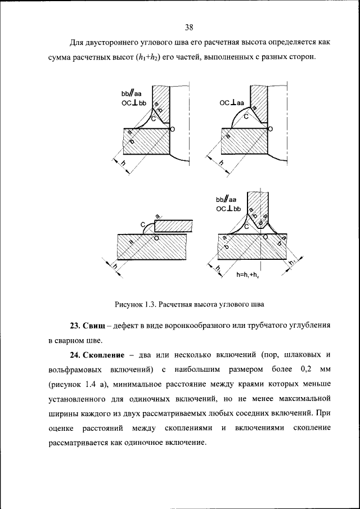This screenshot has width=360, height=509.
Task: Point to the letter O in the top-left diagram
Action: coord(172,129)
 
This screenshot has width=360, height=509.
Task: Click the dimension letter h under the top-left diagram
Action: coord(123,164)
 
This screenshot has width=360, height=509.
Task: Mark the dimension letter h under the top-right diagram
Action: coord(221,163)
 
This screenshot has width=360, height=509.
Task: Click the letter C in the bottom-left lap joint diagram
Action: coord(143,224)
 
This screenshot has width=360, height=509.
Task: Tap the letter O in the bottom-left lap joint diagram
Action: coord(156,238)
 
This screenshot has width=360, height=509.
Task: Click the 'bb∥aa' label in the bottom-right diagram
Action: coord(226,200)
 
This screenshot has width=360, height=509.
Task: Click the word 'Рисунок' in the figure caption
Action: coord(129,304)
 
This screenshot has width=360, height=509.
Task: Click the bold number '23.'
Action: coord(76,326)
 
